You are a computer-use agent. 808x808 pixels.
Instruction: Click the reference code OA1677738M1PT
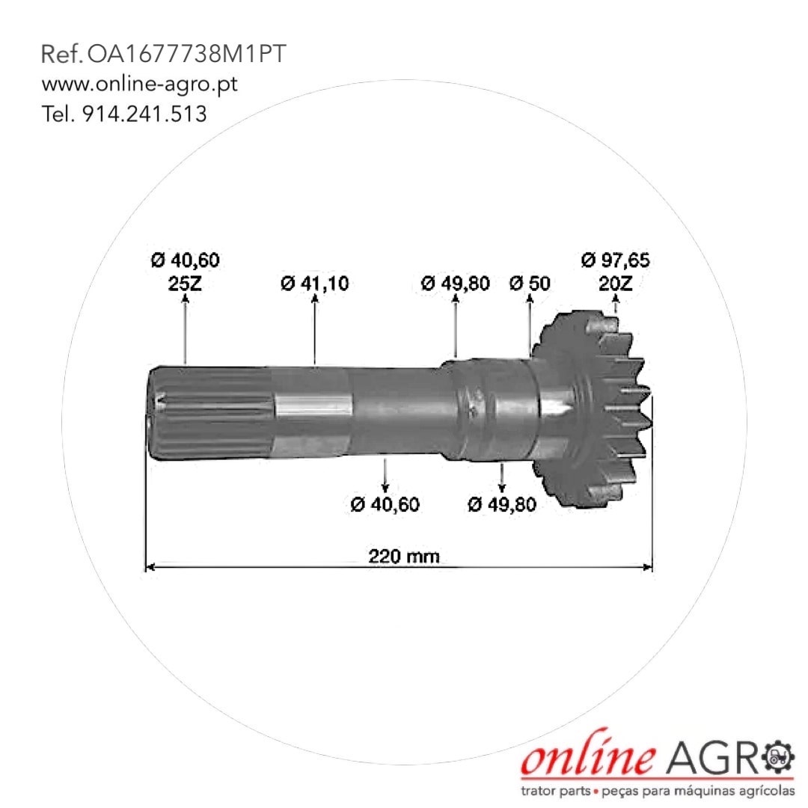[x=186, y=54]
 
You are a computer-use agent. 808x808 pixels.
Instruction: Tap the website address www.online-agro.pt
[x=140, y=84]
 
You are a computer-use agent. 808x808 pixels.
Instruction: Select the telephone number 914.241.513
[x=145, y=114]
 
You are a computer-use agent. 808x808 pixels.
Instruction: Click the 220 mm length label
[x=404, y=557]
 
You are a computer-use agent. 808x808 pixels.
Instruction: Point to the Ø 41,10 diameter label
[x=314, y=284]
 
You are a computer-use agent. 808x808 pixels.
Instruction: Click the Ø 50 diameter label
[x=530, y=284]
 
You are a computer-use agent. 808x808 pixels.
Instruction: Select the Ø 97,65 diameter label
[x=615, y=260]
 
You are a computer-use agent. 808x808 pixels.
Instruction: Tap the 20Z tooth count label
[x=616, y=284]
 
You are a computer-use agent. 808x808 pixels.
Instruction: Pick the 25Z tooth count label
[x=185, y=284]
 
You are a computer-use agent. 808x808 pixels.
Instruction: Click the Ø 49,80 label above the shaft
[x=456, y=284]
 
